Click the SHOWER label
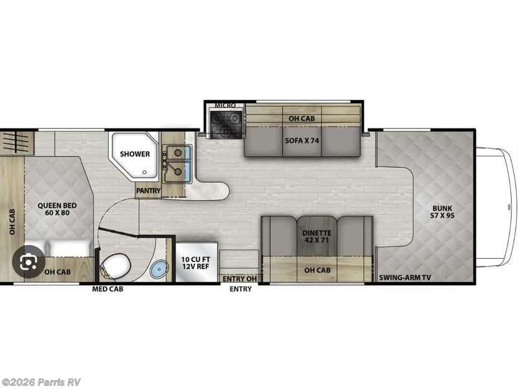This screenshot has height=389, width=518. coord(135,154)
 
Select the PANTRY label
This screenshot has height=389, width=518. coord(147,191)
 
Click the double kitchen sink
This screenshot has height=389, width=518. coord(176,163)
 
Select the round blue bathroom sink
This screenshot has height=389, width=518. coord(157,271)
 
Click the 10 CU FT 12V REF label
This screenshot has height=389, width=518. coord(196,263)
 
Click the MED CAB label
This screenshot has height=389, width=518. coord(107,289)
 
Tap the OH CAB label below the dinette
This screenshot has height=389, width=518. coord(317,271)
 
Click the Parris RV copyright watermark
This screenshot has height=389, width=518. coord(41,382)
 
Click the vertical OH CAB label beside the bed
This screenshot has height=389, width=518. coord(12,221)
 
